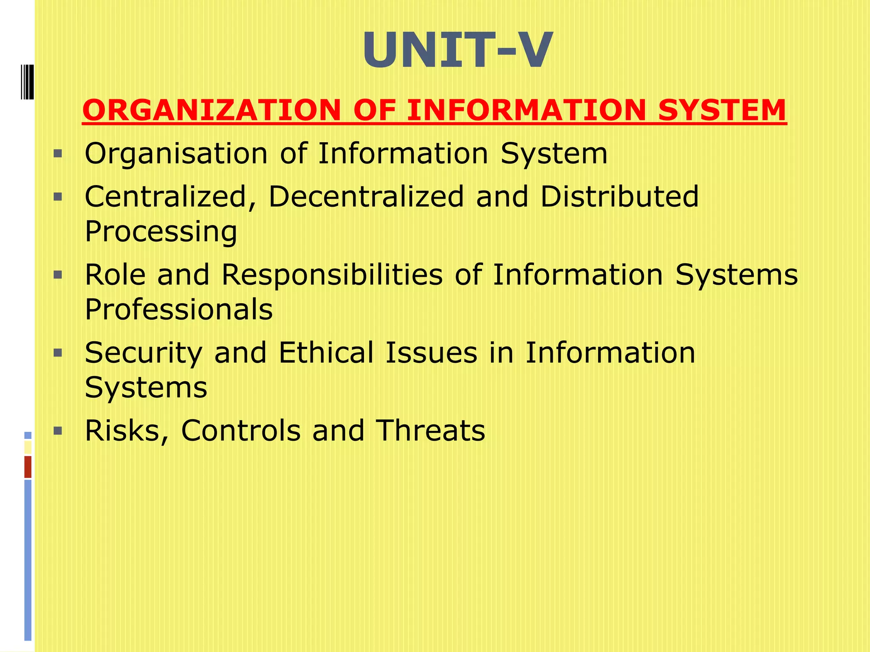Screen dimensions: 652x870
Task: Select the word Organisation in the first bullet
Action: (x=176, y=154)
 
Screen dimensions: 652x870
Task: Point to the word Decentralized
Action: (x=366, y=197)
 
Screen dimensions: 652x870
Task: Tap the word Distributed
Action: (x=619, y=197)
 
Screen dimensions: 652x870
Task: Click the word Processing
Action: (x=161, y=232)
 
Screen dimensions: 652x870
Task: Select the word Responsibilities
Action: (x=332, y=275)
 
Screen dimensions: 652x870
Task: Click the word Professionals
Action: (x=178, y=309)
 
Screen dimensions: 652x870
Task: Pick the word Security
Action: (x=143, y=353)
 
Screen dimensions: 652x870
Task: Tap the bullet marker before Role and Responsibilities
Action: (x=58, y=275)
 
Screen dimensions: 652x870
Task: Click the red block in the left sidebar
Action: (x=28, y=467)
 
